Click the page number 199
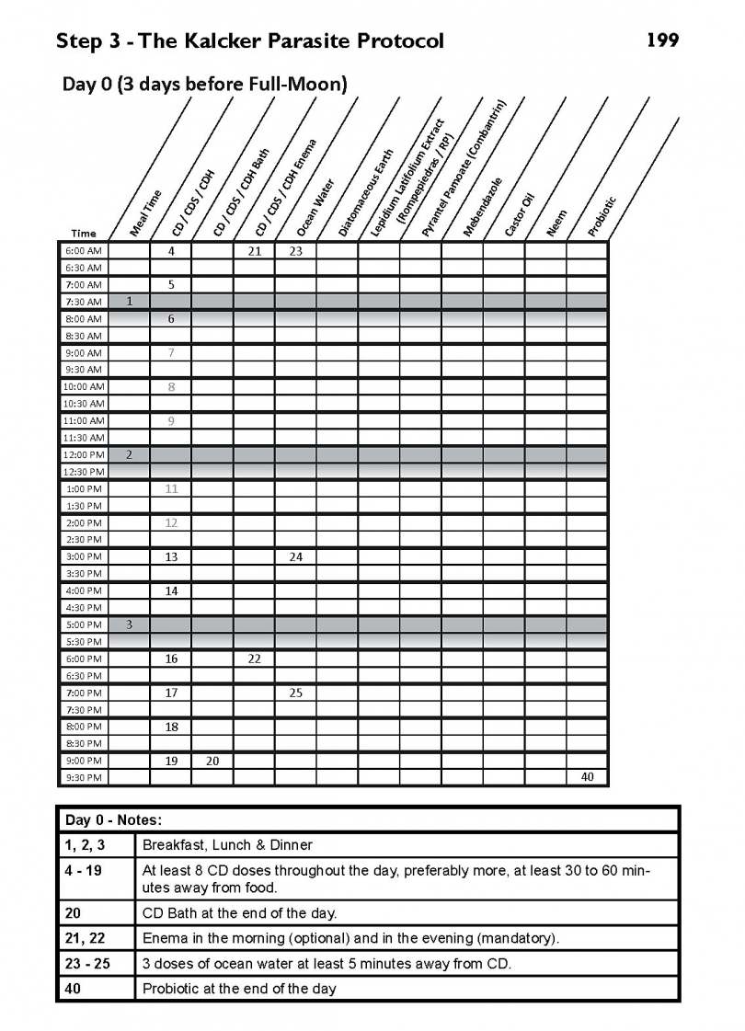pyautogui.click(x=662, y=40)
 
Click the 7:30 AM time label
pyautogui.click(x=83, y=302)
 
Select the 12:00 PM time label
pyautogui.click(x=83, y=454)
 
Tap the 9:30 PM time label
pyautogui.click(x=83, y=778)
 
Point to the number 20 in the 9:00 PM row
pyautogui.click(x=212, y=761)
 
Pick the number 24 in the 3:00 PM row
pyautogui.click(x=296, y=556)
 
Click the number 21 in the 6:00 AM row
pyautogui.click(x=254, y=250)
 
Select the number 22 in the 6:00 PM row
pyautogui.click(x=254, y=659)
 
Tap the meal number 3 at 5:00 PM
pyautogui.click(x=129, y=624)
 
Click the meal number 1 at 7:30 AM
pyautogui.click(x=129, y=301)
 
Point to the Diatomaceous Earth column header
pyautogui.click(x=366, y=193)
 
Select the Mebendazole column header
pyautogui.click(x=482, y=208)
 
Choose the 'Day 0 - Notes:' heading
pyautogui.click(x=113, y=819)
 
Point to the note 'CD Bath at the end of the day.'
pyautogui.click(x=239, y=913)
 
